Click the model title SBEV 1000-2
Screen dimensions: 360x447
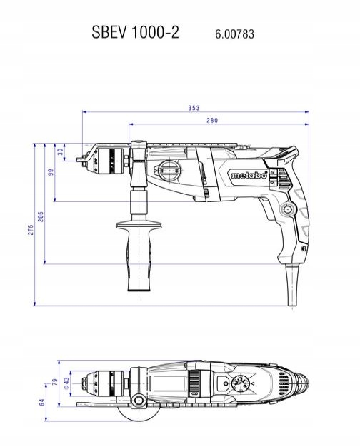point(135,32)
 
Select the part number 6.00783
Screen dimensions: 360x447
point(234,34)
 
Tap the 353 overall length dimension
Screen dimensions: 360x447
point(194,108)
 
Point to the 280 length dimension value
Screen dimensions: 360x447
point(212,120)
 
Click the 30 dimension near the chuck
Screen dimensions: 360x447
point(61,151)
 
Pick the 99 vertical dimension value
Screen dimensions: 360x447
point(51,172)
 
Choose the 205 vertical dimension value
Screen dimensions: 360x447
point(41,216)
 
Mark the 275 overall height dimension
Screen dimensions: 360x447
point(31,230)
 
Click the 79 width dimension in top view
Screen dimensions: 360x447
point(55,382)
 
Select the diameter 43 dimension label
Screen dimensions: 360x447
point(66,383)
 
